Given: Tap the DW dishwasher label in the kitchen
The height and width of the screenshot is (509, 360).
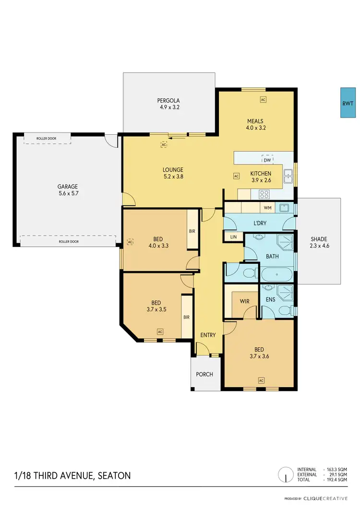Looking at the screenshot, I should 267,160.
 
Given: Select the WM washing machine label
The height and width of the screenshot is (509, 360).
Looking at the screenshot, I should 266,208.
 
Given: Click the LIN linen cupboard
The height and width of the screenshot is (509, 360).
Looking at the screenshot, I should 233,237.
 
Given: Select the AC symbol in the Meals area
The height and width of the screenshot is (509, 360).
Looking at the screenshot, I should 263,100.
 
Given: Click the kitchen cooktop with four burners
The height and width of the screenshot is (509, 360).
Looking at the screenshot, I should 264,194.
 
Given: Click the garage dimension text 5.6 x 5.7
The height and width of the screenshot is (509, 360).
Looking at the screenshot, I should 68,193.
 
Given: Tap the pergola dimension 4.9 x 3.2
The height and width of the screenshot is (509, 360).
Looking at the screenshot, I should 169,107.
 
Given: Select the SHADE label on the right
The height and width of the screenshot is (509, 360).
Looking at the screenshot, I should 319,239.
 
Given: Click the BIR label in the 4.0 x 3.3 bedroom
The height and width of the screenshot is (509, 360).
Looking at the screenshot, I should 192,231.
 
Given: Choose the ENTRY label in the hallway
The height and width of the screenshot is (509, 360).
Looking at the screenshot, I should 208,335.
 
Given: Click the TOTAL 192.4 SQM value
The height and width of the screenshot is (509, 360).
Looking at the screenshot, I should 336,480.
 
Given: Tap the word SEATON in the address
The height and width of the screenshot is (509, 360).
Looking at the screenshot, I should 114,476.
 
